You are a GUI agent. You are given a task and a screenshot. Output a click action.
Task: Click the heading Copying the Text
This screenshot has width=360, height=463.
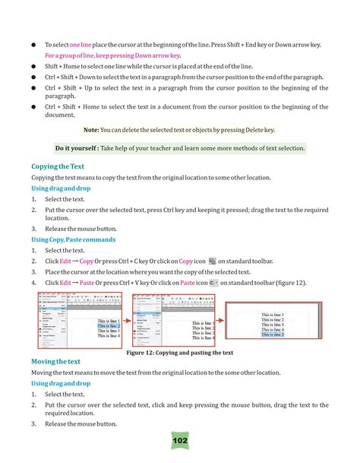[57, 165]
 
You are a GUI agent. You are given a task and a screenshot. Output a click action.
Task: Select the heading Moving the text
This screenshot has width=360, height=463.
[58, 360]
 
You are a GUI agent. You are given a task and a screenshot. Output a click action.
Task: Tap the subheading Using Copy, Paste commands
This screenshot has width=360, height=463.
[73, 239]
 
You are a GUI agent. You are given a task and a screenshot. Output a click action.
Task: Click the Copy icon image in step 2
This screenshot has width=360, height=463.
[212, 261]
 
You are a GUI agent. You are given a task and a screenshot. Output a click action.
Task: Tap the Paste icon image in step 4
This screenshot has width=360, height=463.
[213, 282]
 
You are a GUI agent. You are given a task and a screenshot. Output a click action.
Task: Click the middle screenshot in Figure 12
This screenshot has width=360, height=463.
[169, 319]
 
